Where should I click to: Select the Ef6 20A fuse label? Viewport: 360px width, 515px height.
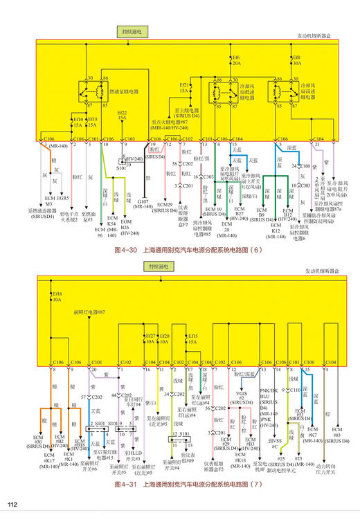[x=237, y=60]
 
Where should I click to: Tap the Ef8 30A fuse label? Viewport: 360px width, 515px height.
[x=297, y=60]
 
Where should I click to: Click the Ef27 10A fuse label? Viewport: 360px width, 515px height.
[x=151, y=338]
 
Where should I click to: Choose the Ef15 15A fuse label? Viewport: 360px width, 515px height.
[x=195, y=338]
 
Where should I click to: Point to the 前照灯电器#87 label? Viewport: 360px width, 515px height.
[x=90, y=314]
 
